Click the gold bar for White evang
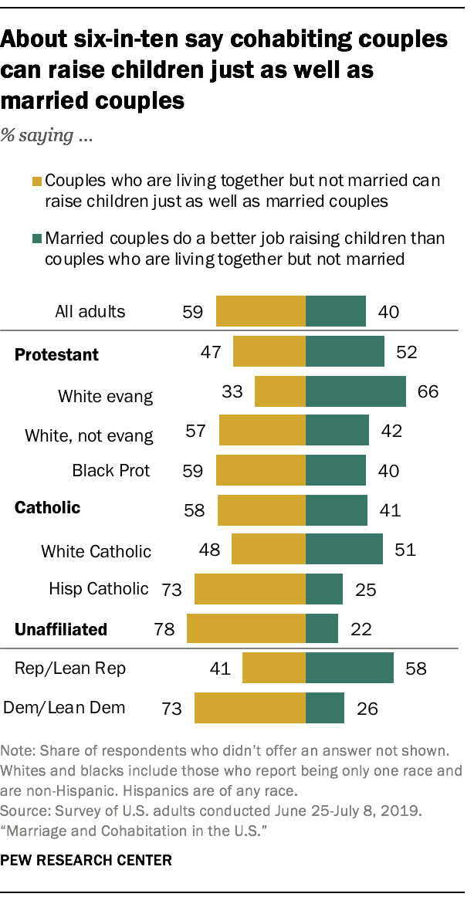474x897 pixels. (x=280, y=391)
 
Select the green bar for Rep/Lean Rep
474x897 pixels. (x=350, y=668)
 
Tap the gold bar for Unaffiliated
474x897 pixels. (x=246, y=628)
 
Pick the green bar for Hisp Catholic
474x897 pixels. (x=324, y=589)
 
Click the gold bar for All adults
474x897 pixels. (x=261, y=312)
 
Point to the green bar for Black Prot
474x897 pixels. (x=336, y=470)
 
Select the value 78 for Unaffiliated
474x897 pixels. (x=163, y=628)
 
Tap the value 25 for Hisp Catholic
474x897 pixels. (x=365, y=590)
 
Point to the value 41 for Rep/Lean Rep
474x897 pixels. (x=220, y=669)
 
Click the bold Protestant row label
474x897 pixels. (x=57, y=355)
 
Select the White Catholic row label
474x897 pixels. (x=96, y=551)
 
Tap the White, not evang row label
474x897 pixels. (x=89, y=435)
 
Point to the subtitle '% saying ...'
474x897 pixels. (x=47, y=138)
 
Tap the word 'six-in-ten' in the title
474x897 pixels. (x=138, y=40)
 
